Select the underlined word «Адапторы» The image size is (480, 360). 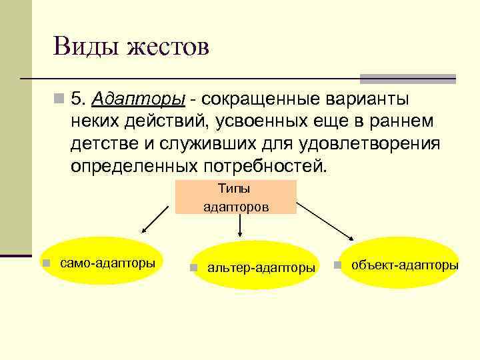click(x=139, y=100)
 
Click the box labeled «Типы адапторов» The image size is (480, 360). click(x=236, y=197)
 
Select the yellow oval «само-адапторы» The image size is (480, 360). click(x=102, y=261)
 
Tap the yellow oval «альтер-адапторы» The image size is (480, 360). click(x=253, y=265)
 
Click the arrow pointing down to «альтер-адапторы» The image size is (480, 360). click(x=240, y=227)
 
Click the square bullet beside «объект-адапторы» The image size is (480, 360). click(x=338, y=265)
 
